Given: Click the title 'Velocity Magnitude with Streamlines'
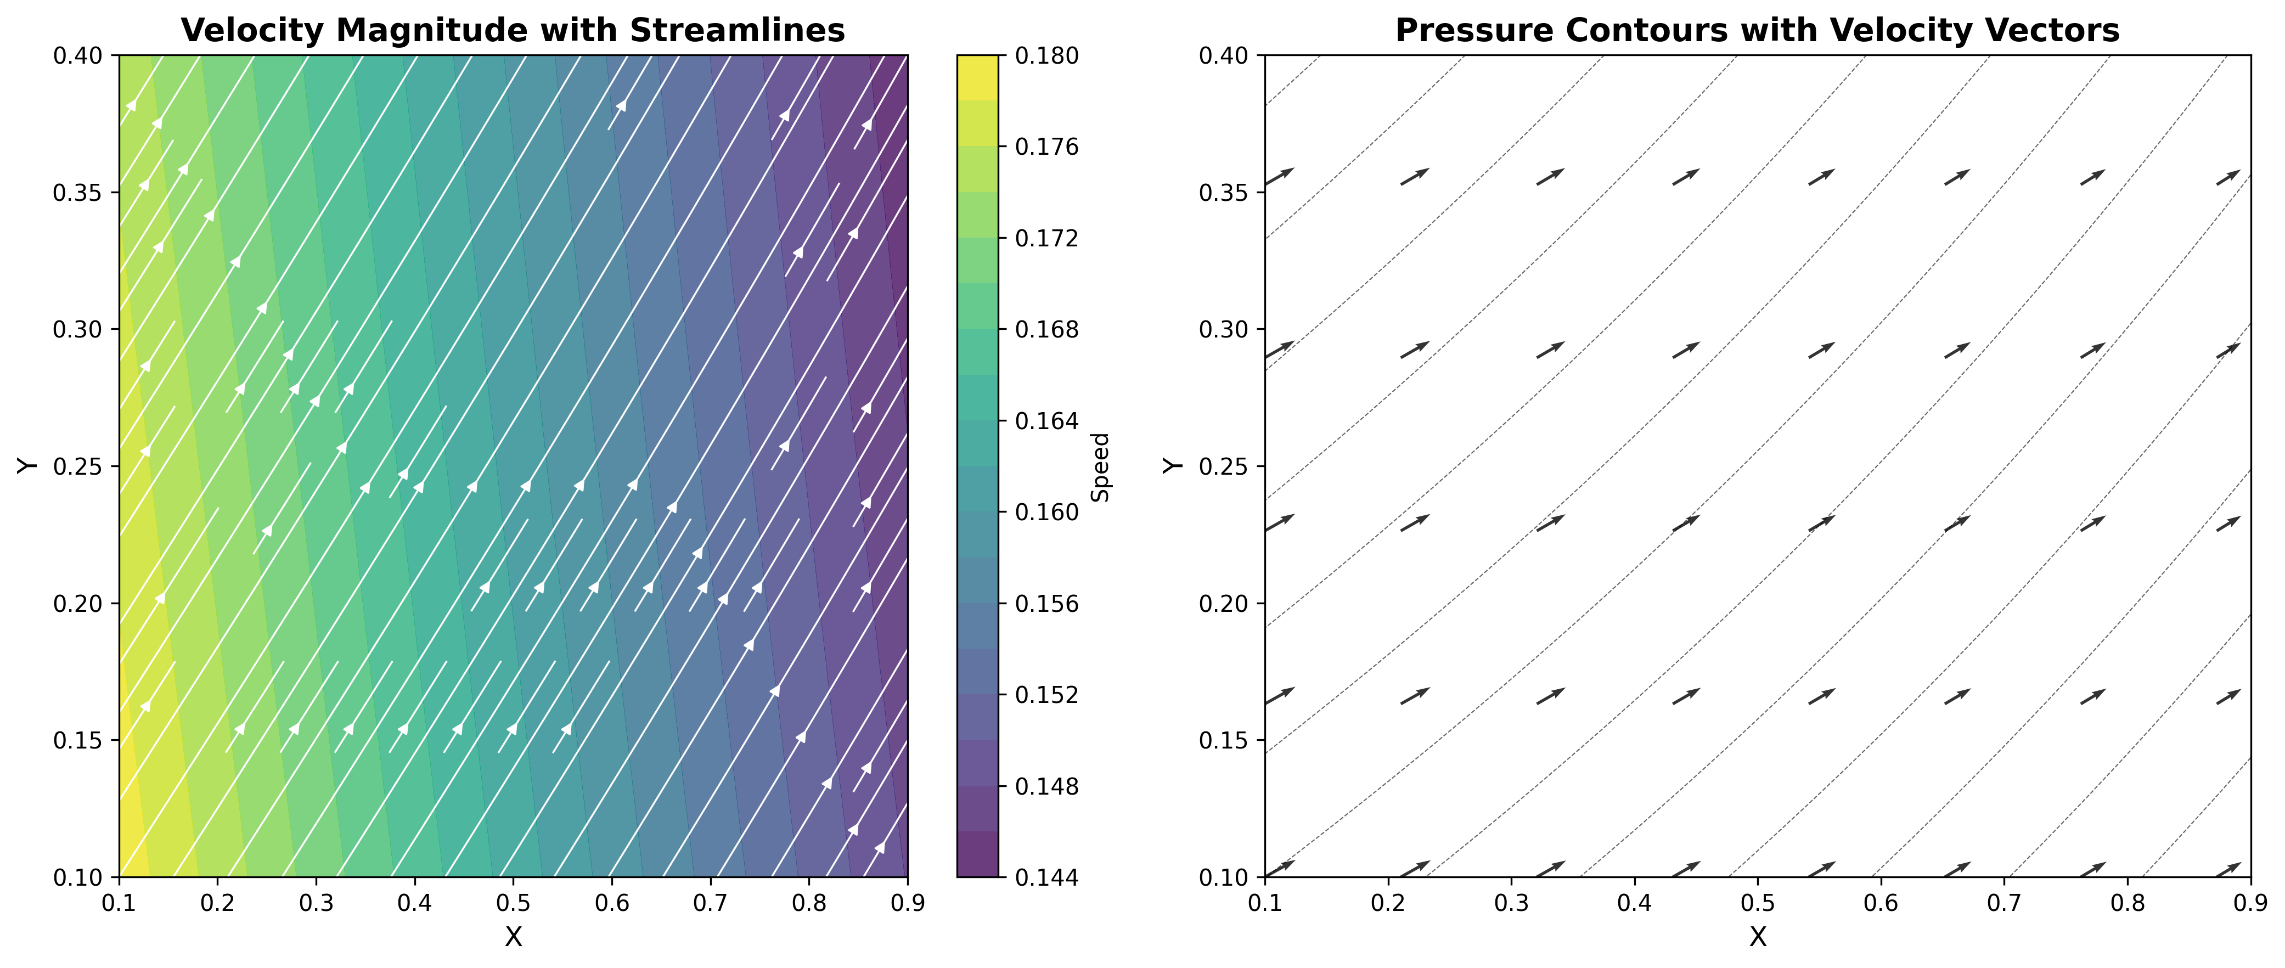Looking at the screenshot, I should [513, 30].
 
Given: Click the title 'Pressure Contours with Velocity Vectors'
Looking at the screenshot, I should [1757, 30].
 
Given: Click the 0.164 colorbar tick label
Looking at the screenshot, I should [1046, 420].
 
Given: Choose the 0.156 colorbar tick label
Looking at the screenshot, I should [1046, 603].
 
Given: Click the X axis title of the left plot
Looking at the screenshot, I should [513, 937].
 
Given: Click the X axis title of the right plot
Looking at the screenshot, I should [1757, 937].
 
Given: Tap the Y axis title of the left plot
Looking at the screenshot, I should [26, 466].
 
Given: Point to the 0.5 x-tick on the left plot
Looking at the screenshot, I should [513, 902].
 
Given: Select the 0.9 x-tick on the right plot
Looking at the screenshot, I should [2249, 902].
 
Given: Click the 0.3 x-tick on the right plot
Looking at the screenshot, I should [1511, 902].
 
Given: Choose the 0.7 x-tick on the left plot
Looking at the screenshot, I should [710, 902].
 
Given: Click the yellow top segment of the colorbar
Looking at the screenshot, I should [977, 77].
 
